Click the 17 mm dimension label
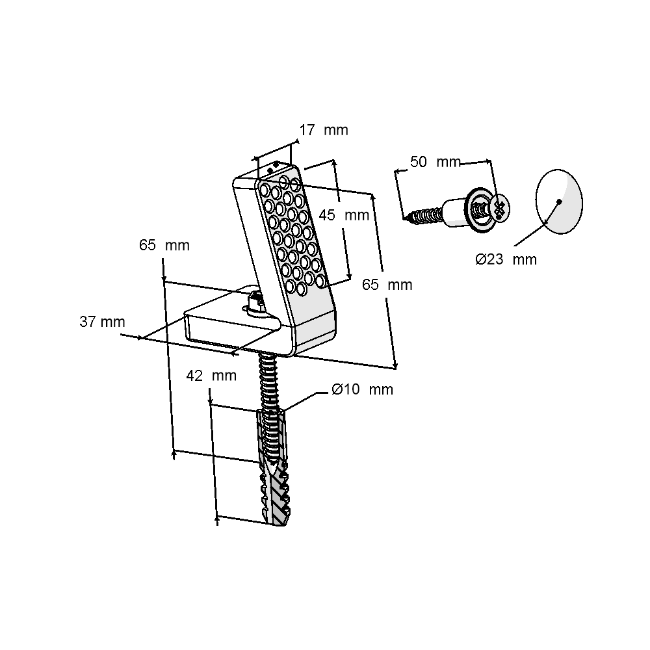pyautogui.click(x=323, y=130)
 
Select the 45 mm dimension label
pyautogui.click(x=344, y=215)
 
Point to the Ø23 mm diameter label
pyautogui.click(x=506, y=259)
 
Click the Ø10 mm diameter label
pyautogui.click(x=362, y=389)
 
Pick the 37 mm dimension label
pyautogui.click(x=102, y=321)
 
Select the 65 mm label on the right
pyautogui.click(x=387, y=285)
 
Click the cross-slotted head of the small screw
pyautogui.click(x=499, y=209)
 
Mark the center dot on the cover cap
pyautogui.click(x=559, y=201)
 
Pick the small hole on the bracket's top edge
pyautogui.click(x=276, y=164)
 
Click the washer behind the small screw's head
pyautogui.click(x=479, y=209)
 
